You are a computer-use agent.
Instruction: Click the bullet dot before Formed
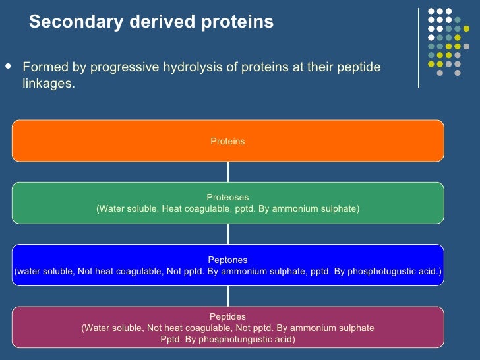pyautogui.click(x=8, y=67)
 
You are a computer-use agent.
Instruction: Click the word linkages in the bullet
pyautogui.click(x=47, y=85)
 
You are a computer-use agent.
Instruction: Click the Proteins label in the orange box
pyautogui.click(x=227, y=141)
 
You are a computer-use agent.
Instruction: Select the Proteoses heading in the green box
pyautogui.click(x=227, y=197)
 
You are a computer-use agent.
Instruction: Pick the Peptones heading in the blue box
pyautogui.click(x=227, y=260)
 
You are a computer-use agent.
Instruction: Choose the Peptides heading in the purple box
pyautogui.click(x=227, y=316)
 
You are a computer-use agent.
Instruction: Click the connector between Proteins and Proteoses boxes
pyautogui.click(x=228, y=171)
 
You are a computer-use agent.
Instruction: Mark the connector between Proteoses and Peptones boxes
pyautogui.click(x=228, y=233)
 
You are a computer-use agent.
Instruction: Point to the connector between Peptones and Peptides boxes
pyautogui.click(x=228, y=295)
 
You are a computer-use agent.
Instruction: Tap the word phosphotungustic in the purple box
pyautogui.click(x=226, y=340)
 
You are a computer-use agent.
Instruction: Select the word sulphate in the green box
pyautogui.click(x=339, y=209)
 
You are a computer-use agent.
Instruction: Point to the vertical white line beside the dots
pyautogui.click(x=419, y=47)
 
